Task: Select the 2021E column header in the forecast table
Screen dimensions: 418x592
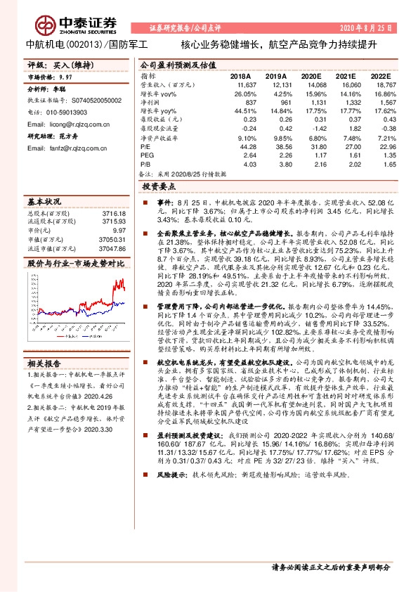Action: [346, 75]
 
